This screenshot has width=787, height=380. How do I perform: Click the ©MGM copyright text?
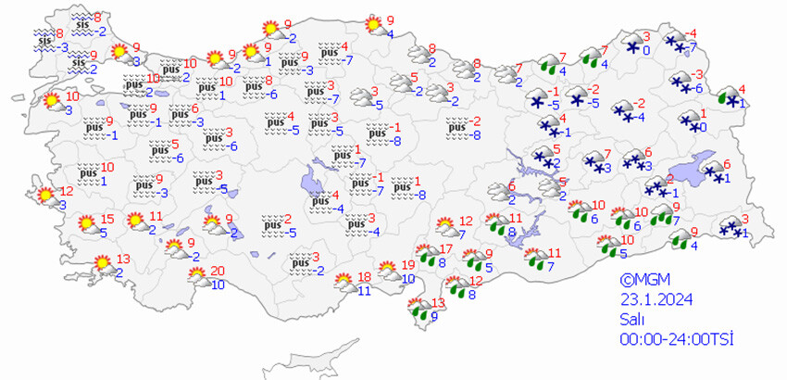644,281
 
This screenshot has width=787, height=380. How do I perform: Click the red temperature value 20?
217,271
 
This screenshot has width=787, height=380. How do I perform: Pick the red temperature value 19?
408,266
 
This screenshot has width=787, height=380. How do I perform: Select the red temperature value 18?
364,277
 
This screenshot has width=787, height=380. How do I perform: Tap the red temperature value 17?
444,248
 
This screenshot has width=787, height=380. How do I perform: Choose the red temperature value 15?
107,219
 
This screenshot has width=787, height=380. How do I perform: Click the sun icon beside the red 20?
197,273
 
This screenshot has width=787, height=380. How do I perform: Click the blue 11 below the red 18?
364,290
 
